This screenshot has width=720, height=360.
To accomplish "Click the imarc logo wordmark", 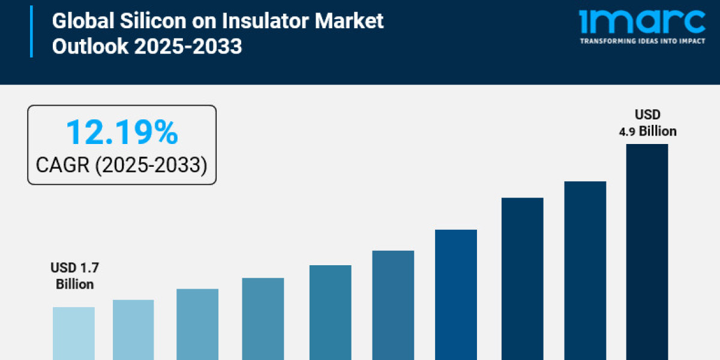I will pyautogui.click(x=642, y=22).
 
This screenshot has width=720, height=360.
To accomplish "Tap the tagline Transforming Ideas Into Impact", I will pyautogui.click(x=642, y=41).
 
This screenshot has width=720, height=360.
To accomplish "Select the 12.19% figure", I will pyautogui.click(x=122, y=132).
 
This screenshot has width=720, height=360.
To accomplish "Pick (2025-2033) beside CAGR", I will pyautogui.click(x=151, y=165).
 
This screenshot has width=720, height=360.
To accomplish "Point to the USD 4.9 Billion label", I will pyautogui.click(x=647, y=123).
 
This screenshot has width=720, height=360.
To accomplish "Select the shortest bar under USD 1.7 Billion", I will pyautogui.click(x=73, y=333).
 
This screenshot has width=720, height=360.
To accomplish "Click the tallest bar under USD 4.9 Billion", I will pyautogui.click(x=647, y=252).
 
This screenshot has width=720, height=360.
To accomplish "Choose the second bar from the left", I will pyautogui.click(x=133, y=329).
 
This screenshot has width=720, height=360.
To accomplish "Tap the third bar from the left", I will pyautogui.click(x=197, y=324).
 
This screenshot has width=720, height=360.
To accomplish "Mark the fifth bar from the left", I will pyautogui.click(x=330, y=312).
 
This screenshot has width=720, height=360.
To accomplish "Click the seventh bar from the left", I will pyautogui.click(x=456, y=294).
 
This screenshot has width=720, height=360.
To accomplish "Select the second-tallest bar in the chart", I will pyautogui.click(x=585, y=270).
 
